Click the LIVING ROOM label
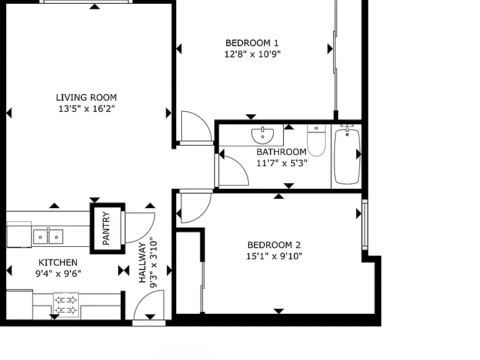[x=86, y=97]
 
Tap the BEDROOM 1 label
[x=252, y=43]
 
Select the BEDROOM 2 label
[x=274, y=245]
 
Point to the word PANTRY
[x=106, y=228]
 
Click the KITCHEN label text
[x=58, y=262]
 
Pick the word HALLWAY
[x=142, y=262]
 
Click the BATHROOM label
[x=281, y=152]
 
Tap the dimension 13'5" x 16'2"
[x=87, y=109]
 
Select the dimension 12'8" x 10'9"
[x=252, y=54]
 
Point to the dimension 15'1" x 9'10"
[x=274, y=256]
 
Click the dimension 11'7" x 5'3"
[x=282, y=163]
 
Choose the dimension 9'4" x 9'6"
[x=58, y=273]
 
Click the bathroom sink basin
[x=262, y=136]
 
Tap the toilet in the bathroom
[x=316, y=140]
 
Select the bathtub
[x=347, y=156]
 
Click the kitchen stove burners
[x=66, y=305]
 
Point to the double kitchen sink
[x=48, y=237]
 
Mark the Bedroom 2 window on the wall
[x=364, y=225]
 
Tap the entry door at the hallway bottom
[x=149, y=322]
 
